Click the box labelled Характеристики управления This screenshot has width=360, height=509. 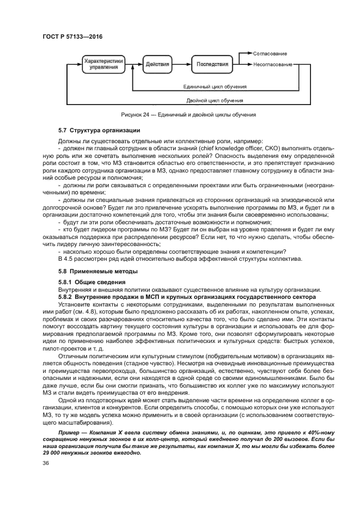point(103,65)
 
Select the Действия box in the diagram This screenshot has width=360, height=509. point(157,64)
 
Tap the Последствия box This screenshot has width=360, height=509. point(212,64)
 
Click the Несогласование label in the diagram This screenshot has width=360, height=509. point(272,64)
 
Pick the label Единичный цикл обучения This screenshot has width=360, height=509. point(215,86)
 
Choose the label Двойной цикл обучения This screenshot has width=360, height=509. point(207,101)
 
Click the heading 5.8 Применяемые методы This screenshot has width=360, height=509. point(90,271)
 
